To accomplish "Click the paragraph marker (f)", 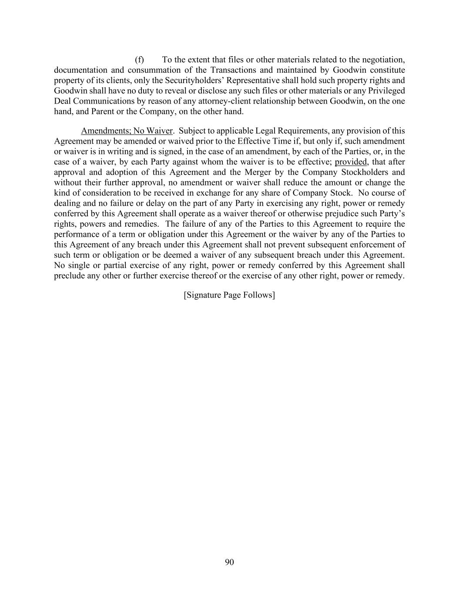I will [x=139, y=60].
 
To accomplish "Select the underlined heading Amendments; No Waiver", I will [x=127, y=131].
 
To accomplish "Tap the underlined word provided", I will [x=351, y=162].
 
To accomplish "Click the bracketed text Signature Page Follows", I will [x=229, y=295].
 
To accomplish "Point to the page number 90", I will [x=229, y=562].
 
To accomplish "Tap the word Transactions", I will [x=234, y=70].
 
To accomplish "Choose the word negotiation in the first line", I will [x=383, y=60].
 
